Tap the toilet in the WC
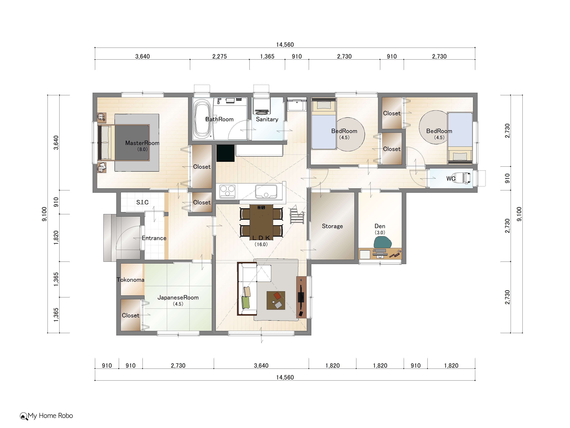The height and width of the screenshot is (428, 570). [x=463, y=178]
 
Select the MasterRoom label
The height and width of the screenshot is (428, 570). [x=142, y=143]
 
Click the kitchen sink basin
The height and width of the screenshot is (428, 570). [x=266, y=191]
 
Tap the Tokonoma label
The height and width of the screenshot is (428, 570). [x=130, y=280]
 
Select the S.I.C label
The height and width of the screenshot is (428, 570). [x=142, y=202]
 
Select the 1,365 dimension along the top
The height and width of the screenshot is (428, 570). [x=267, y=56]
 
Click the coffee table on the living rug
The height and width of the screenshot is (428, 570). [x=276, y=300]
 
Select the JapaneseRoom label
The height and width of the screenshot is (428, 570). [x=178, y=297]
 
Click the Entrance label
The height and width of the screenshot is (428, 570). [x=154, y=238]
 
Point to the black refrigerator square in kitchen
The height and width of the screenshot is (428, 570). [x=225, y=153]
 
